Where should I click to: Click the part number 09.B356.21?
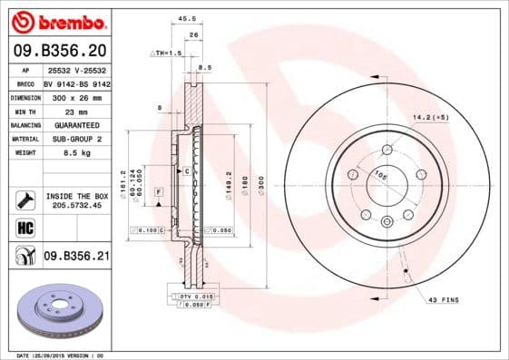76,257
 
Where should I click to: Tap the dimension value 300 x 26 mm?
73,96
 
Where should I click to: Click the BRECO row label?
25,82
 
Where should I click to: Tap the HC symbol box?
24,227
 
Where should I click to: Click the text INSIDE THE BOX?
75,196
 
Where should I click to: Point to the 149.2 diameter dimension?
229,186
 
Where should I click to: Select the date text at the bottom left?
62,355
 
